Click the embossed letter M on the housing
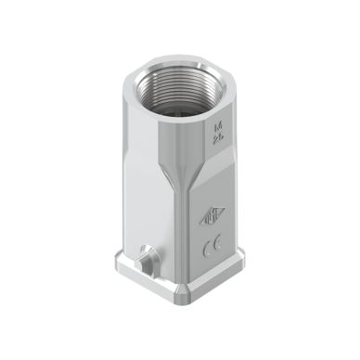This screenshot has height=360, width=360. tap(218, 122)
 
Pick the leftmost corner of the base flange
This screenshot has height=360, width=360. tap(115, 272)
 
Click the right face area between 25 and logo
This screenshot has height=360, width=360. tap(215, 176)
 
